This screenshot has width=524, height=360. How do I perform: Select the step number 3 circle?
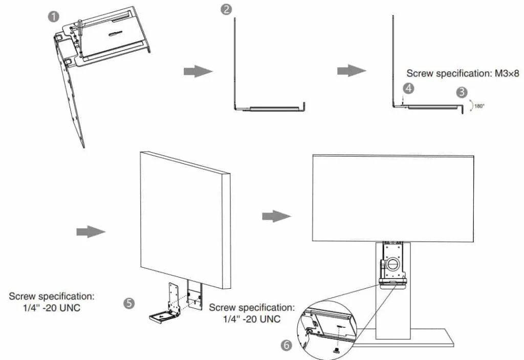(462, 92)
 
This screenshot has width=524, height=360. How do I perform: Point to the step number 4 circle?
(408, 88)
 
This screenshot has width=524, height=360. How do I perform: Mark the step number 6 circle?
(287, 345)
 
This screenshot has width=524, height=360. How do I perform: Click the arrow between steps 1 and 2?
(198, 71)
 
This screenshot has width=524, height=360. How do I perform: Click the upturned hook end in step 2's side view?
(304, 105)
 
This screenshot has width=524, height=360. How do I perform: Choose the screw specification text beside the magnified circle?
(252, 313)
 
